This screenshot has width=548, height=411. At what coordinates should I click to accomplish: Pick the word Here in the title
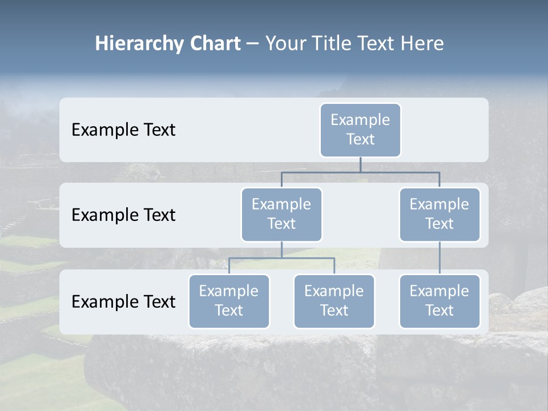[x=421, y=44]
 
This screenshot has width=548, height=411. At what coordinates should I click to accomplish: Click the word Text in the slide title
[x=377, y=44]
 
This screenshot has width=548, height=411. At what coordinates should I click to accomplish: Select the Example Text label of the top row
[x=123, y=130]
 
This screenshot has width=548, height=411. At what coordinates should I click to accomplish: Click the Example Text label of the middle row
[x=123, y=215]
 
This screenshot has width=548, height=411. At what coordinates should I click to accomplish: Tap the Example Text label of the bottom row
[x=123, y=302]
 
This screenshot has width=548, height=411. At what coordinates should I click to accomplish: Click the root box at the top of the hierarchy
[x=360, y=130]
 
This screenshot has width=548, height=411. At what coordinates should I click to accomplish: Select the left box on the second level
[x=281, y=215]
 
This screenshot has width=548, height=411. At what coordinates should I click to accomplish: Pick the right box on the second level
[x=440, y=215]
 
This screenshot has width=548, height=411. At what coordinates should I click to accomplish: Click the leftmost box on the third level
[x=229, y=301]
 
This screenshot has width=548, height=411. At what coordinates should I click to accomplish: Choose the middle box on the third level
[x=334, y=301]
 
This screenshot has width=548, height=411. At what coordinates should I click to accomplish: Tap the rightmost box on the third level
[x=440, y=301]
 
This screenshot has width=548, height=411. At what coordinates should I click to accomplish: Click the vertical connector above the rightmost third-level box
[x=440, y=258]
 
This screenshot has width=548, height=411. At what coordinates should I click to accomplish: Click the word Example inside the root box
[x=360, y=120]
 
